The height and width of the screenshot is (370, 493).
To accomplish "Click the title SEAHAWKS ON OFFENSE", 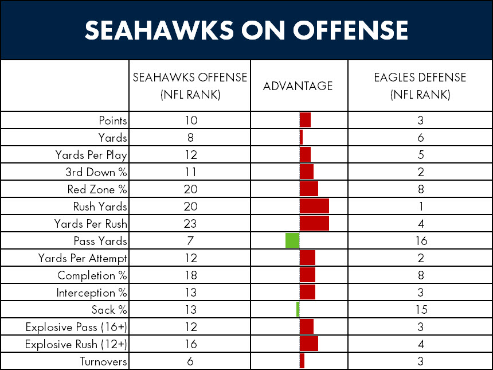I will (246, 30).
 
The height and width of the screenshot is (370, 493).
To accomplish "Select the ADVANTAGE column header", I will (298, 86).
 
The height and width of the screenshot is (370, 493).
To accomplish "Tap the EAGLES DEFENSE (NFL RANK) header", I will (420, 86).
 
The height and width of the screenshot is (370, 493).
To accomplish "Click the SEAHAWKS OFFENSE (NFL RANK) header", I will (190, 86).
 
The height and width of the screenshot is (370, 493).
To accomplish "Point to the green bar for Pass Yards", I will (292, 241).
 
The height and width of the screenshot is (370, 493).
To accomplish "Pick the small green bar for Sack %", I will (298, 310).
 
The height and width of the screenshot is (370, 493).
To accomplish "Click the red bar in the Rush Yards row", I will (314, 207).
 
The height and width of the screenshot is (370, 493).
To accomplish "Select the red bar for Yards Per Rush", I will (314, 224).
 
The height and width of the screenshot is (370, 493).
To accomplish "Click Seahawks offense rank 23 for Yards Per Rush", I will (191, 224).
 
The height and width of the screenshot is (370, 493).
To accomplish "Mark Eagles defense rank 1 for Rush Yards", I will (420, 207).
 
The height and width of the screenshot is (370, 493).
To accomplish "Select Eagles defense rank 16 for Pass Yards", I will (420, 241).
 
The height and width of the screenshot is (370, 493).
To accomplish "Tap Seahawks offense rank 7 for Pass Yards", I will (191, 241).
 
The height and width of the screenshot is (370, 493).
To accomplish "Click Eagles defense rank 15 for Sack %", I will (420, 310).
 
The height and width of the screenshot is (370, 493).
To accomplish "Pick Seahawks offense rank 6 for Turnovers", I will (191, 361).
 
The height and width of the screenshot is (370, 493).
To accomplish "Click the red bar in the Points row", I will (305, 120).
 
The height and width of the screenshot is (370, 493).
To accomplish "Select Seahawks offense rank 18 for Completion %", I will (191, 275).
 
